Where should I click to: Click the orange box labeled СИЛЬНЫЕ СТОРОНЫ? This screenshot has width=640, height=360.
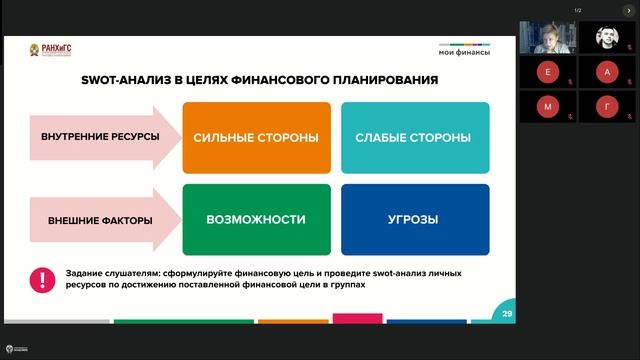[x=255, y=137]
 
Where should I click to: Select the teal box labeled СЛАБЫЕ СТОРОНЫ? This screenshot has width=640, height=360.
[x=415, y=137]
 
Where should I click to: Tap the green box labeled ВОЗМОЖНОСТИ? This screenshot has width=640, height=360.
[x=255, y=219]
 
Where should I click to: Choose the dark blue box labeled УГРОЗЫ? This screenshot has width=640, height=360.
[x=415, y=219]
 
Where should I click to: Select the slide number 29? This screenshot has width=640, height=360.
[x=507, y=314]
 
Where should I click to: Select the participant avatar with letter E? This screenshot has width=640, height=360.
[x=547, y=72]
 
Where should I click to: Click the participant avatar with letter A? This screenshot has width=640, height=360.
[x=607, y=72]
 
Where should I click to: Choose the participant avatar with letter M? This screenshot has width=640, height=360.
[x=547, y=106]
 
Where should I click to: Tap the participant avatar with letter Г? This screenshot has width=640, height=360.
[x=607, y=106]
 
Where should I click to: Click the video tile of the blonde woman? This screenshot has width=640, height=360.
[x=547, y=38]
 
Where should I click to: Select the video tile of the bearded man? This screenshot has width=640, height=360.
[x=607, y=38]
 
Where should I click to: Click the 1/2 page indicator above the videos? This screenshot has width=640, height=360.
[x=577, y=11]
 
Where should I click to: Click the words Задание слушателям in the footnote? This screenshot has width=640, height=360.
[x=104, y=273]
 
